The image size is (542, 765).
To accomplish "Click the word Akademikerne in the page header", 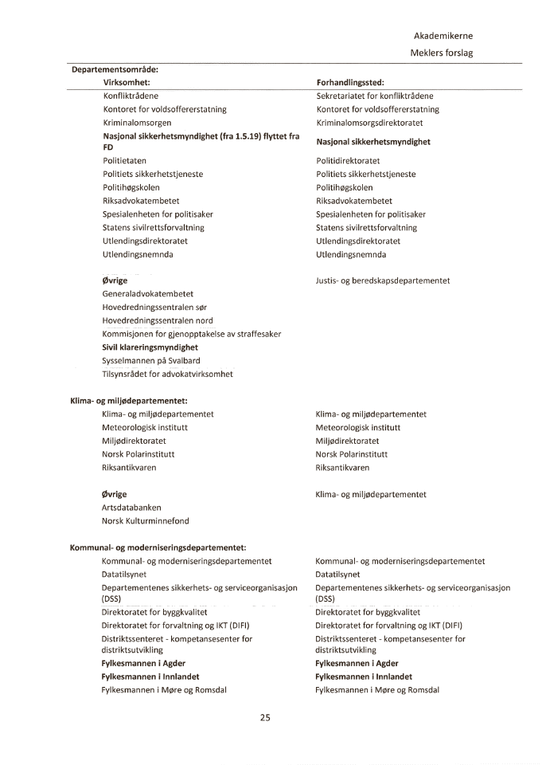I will [443, 36].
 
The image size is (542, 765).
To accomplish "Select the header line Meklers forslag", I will [443, 53].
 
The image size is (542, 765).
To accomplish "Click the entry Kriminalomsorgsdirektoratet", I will [369, 123].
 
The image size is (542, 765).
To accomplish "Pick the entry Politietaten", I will [124, 161].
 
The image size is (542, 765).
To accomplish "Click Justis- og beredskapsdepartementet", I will [383, 280].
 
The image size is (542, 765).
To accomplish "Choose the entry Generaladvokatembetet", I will [148, 294].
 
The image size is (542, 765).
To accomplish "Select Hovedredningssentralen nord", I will [158, 320].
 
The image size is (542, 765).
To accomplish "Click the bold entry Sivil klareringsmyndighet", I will [150, 347].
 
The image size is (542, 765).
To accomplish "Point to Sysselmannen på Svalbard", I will [151, 360].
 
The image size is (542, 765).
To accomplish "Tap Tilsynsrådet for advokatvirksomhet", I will [167, 374].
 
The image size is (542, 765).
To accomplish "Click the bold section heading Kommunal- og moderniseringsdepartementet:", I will [158, 547].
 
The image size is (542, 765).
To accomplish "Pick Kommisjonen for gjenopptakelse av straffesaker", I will [191, 334].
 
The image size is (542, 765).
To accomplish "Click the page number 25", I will [266, 717].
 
